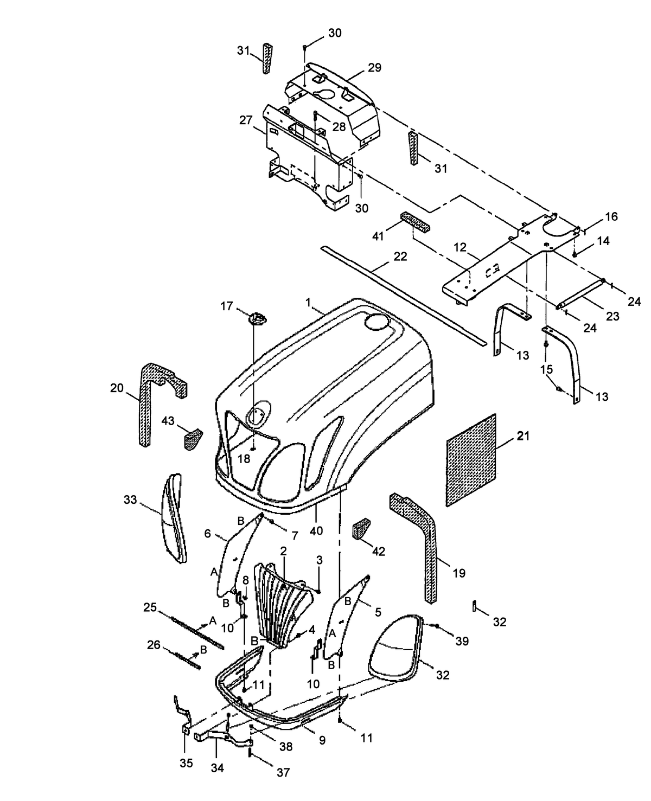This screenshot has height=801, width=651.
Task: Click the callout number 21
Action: (x=522, y=435)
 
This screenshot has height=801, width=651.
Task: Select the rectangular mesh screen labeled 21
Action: (x=471, y=460)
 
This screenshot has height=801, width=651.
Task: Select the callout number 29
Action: (x=374, y=68)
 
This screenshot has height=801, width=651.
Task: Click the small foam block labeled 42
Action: (x=361, y=529)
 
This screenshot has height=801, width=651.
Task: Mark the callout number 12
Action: (x=459, y=247)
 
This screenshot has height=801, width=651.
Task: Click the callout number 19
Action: (x=458, y=573)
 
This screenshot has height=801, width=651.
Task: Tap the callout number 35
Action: (x=186, y=763)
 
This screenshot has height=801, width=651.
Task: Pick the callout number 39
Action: (x=462, y=641)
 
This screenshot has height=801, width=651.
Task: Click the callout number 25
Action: (x=150, y=606)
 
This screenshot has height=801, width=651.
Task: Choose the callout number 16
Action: (x=611, y=217)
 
